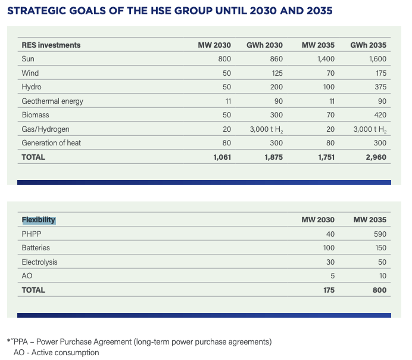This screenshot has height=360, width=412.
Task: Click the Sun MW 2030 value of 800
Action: (224, 58)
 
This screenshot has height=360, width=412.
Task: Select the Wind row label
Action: (30, 73)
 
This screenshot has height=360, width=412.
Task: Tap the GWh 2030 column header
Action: (264, 45)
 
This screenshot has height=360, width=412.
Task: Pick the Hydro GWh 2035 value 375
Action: (380, 87)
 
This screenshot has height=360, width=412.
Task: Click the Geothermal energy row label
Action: (52, 101)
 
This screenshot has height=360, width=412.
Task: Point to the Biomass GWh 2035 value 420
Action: (380, 115)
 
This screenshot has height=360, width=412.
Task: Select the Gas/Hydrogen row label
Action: (45, 129)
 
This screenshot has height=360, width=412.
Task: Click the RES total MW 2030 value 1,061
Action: (222, 157)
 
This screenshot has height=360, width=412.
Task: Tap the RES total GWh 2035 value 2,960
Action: (376, 157)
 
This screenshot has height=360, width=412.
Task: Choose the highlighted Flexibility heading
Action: (39, 220)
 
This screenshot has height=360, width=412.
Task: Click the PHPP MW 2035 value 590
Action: (380, 234)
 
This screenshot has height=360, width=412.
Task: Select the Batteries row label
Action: (36, 248)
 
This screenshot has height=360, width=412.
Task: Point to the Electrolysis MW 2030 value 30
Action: (330, 262)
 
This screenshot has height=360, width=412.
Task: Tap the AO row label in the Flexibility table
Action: (27, 275)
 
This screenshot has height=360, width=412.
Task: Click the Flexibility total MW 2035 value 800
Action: (379, 290)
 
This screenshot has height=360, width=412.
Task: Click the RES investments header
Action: (51, 45)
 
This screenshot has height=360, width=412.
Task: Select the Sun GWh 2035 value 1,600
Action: (377, 58)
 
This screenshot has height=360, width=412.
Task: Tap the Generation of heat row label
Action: (51, 143)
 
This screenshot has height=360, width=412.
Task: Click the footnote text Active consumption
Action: (65, 352)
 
